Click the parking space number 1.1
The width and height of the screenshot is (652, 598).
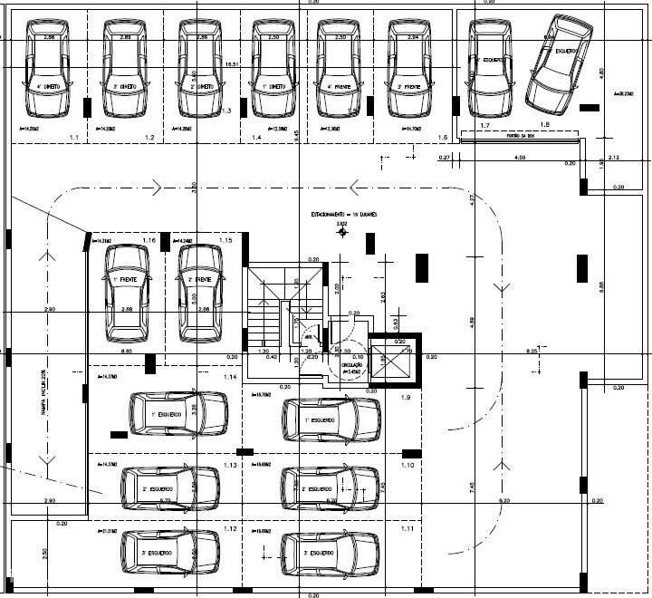[x=74, y=137]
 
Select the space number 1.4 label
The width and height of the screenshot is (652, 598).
[x=257, y=137]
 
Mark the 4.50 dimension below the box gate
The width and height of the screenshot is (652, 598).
[x=520, y=158]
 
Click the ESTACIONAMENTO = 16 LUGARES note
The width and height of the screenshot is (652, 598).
[x=343, y=214]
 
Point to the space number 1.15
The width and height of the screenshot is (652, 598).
[x=225, y=240]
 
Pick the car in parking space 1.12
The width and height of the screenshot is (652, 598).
[x=170, y=552]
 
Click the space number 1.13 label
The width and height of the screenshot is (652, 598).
[x=230, y=465]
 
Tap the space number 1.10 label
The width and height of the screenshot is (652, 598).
[x=407, y=465]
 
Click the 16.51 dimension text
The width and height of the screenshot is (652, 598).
[x=232, y=65]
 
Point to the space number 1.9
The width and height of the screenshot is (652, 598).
[x=407, y=399]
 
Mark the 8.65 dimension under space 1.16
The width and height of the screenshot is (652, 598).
[x=128, y=350]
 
